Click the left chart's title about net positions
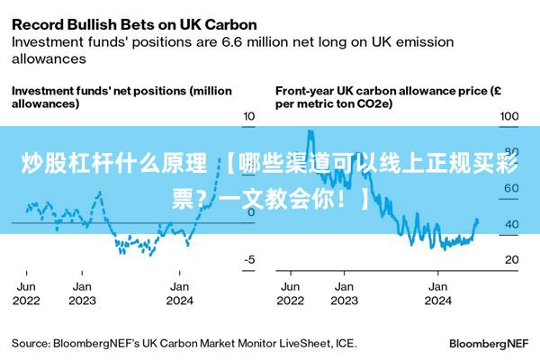pos(121,97)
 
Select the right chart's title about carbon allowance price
pos(388,97)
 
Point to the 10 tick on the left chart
pos(249,116)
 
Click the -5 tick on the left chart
pos(249,259)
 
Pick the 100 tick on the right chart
pos(509,116)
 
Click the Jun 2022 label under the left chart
pos(27,293)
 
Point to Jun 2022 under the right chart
pos(291,293)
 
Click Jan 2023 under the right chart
pos(344,293)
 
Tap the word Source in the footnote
pos(30,343)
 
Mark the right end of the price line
pos(478,220)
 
